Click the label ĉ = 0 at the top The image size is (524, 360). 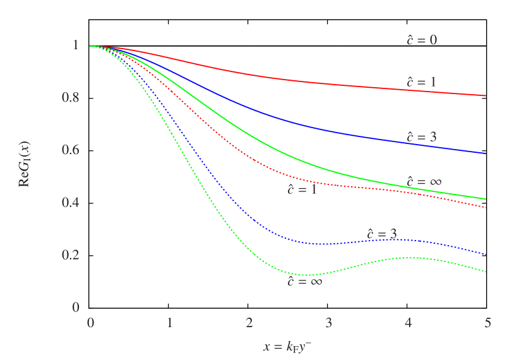click(422, 40)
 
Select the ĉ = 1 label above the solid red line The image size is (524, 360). click(422, 82)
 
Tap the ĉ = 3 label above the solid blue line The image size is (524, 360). click(422, 137)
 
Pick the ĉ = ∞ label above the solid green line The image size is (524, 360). click(424, 182)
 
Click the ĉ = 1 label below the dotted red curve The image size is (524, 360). click(302, 189)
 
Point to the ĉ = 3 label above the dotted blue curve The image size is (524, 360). click(382, 234)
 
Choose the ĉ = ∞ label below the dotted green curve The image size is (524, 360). click(305, 282)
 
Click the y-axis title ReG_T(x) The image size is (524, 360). click(26, 165)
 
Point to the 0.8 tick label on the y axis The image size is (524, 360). click(71, 98)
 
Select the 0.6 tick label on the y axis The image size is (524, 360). click(71, 150)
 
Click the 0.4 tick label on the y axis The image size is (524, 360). click(71, 203)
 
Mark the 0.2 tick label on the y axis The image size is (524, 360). click(71, 255)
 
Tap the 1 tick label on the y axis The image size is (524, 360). click(76, 45)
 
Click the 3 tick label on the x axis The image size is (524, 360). click(329, 323)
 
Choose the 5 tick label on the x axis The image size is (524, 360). click(487, 323)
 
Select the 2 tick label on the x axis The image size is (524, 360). click(249, 323)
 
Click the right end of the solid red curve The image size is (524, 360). click(485, 95)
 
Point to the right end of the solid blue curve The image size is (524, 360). click(485, 153)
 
